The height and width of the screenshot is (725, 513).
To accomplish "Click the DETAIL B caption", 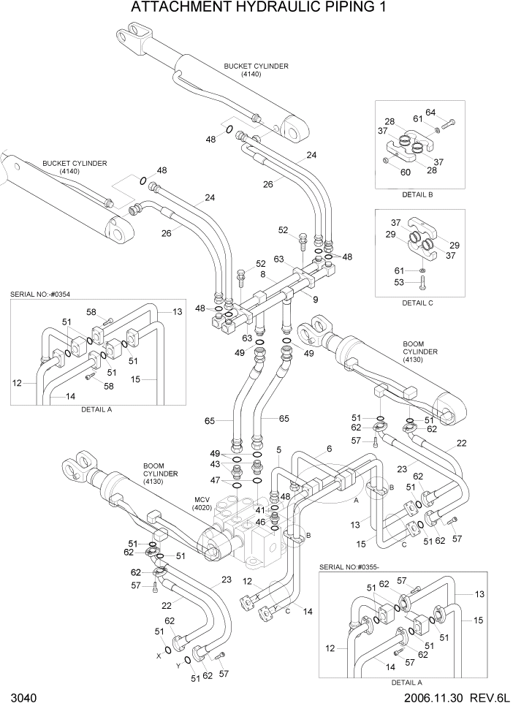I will click(418, 195).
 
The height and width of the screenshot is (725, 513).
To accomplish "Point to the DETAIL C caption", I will click(418, 303).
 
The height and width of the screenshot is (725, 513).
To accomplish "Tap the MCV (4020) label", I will click(202, 503).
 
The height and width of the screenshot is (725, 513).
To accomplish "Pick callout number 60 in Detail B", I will click(406, 172).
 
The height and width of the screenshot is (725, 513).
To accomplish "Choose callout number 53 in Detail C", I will click(399, 282).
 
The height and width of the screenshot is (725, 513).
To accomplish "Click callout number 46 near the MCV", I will click(260, 522).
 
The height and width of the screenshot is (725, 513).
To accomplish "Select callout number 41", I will click(260, 509).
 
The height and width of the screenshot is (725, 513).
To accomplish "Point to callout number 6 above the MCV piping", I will click(329, 449).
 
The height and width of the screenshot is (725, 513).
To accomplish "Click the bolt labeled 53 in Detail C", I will click(422, 281).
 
